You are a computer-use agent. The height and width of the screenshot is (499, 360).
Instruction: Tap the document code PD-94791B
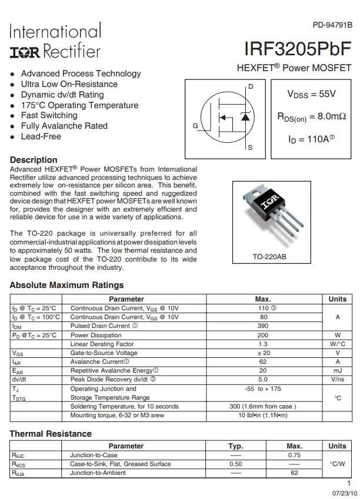point(332,25)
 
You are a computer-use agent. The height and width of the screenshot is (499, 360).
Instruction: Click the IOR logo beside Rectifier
point(25,51)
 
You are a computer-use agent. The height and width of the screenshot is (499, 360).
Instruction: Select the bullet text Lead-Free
point(41,136)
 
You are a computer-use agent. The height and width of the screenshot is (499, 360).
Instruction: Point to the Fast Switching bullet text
point(49,115)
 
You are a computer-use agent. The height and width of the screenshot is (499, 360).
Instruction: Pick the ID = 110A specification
point(311,139)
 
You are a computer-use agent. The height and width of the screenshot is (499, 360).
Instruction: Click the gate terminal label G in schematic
point(195,126)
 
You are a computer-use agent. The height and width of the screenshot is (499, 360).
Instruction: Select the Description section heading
point(34,160)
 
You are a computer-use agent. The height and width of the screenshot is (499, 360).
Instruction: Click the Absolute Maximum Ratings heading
point(66,285)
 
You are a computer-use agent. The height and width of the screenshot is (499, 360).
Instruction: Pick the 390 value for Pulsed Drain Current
point(263,326)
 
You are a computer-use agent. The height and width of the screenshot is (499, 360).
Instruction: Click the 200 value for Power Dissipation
point(263,335)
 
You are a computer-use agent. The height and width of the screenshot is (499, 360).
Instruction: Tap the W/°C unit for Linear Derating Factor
point(337,344)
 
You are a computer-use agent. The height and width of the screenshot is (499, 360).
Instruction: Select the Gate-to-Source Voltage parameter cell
point(104,353)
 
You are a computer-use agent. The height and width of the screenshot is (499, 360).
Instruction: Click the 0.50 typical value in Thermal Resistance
point(235,464)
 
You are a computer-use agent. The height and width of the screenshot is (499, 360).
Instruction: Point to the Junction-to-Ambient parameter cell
point(98,473)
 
